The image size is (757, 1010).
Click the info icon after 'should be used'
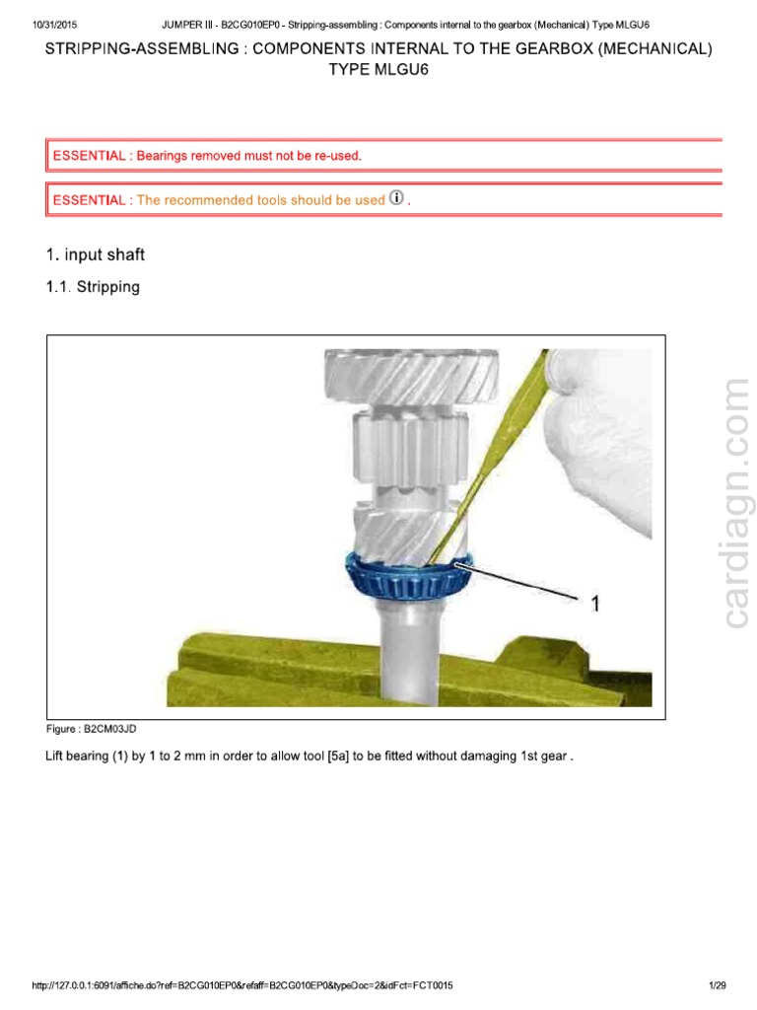click(397, 198)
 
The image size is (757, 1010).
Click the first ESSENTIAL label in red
click(89, 156)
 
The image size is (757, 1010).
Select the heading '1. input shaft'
click(96, 255)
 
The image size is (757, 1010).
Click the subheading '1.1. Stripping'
click(94, 287)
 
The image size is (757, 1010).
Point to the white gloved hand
click(601, 444)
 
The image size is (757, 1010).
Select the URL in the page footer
click(241, 985)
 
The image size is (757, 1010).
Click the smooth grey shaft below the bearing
click(409, 661)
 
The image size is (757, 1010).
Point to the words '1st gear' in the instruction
click(545, 757)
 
